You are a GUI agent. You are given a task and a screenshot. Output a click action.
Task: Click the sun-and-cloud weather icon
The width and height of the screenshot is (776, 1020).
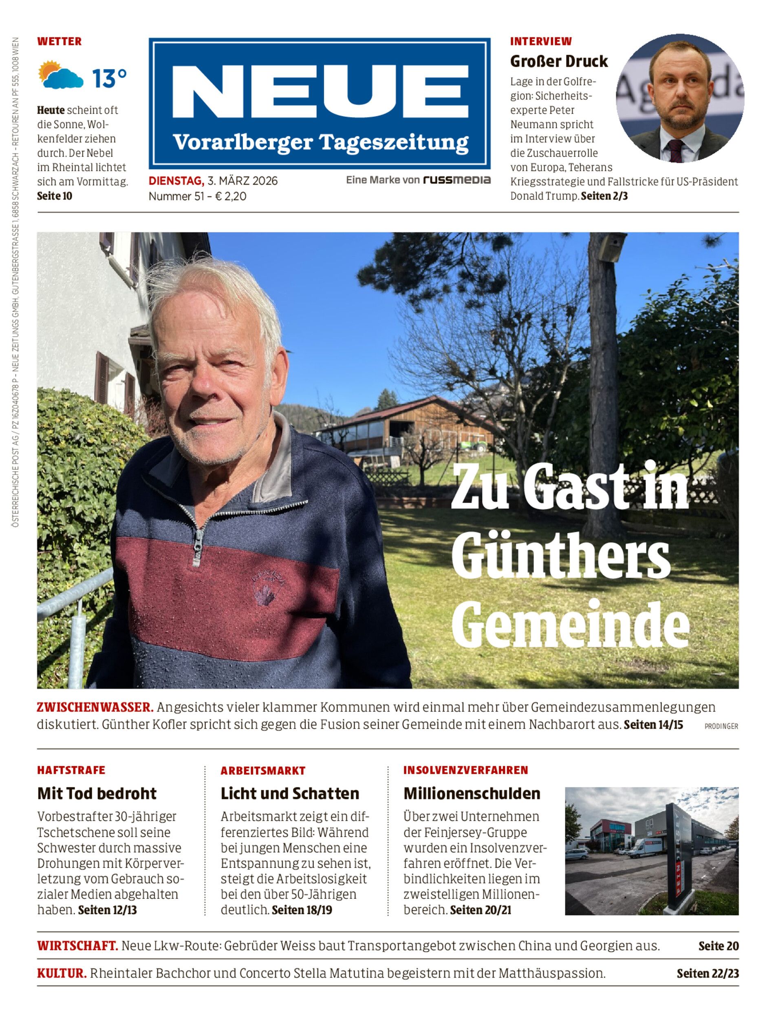click(60, 75)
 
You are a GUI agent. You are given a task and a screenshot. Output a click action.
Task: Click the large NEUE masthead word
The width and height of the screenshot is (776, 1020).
click(320, 92)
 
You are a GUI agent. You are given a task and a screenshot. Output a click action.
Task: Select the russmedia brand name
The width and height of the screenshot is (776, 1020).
click(457, 180)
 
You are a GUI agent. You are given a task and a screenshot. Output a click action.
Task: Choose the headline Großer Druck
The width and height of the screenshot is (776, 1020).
click(558, 61)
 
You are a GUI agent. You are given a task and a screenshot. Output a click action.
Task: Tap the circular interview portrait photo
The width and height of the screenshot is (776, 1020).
click(679, 98)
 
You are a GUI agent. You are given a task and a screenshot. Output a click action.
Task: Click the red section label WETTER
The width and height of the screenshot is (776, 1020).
click(59, 41)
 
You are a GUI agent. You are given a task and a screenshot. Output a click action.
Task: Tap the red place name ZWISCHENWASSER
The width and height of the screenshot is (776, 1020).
click(95, 707)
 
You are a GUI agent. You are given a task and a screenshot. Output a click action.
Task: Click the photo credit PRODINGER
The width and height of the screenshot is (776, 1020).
click(721, 726)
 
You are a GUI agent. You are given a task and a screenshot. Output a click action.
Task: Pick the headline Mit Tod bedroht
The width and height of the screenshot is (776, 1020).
click(97, 794)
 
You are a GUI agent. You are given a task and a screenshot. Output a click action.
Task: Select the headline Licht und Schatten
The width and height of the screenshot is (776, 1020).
click(290, 794)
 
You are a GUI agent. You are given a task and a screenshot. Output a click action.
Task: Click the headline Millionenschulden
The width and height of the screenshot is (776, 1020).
click(472, 794)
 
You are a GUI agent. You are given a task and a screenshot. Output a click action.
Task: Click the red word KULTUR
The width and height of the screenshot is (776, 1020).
click(62, 973)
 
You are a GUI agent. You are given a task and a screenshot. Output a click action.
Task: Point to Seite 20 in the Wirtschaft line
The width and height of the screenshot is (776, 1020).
click(718, 946)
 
